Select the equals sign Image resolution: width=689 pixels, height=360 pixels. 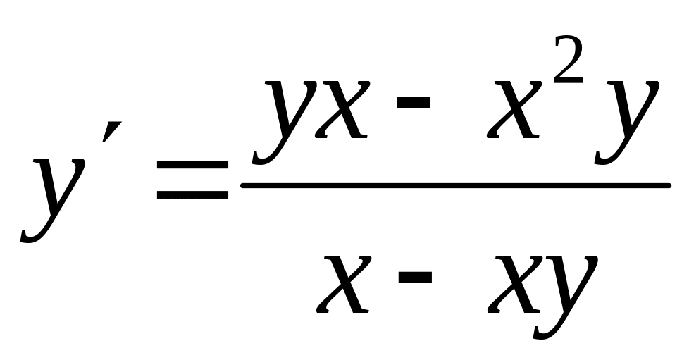click(192, 178)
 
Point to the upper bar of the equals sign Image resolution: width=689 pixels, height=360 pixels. click(192, 164)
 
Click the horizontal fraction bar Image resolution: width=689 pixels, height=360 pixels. click(454, 185)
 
